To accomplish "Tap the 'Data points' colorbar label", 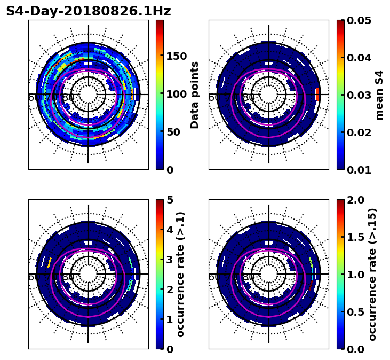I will point(195,95).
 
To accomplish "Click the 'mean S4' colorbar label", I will point(379,95).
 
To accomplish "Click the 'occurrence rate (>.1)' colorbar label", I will point(181,274).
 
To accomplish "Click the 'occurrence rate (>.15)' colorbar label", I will point(372,274).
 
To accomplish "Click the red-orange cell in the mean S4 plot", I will point(317,95).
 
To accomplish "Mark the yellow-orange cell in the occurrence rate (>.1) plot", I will point(49,262).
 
